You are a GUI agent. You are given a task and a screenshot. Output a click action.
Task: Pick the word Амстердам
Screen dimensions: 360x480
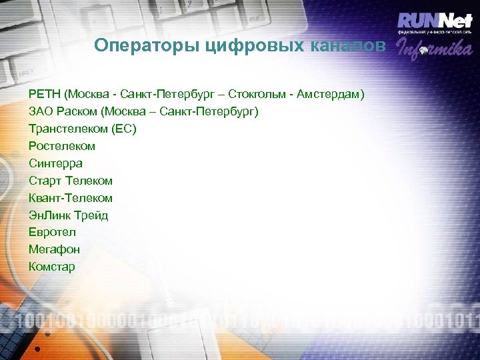pyautogui.click(x=333, y=94)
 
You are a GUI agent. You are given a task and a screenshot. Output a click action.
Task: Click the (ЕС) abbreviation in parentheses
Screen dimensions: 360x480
pyautogui.click(x=125, y=129)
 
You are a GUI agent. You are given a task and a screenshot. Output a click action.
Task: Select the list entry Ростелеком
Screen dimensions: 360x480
pyautogui.click(x=62, y=146)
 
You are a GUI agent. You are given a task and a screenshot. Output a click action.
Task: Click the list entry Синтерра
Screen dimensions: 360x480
pyautogui.click(x=56, y=163)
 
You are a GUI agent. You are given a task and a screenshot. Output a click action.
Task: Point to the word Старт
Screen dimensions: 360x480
pyautogui.click(x=44, y=181)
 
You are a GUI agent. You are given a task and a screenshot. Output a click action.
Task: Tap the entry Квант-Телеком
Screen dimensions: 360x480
pyautogui.click(x=71, y=198)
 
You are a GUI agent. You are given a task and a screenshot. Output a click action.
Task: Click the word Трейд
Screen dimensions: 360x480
pyautogui.click(x=91, y=215)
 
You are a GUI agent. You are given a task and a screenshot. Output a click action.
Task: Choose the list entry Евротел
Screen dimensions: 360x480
pyautogui.click(x=52, y=232)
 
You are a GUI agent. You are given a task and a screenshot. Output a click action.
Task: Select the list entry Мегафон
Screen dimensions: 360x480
pyautogui.click(x=54, y=249)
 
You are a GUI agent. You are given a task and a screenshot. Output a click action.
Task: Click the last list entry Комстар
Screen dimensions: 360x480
pyautogui.click(x=52, y=267)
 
